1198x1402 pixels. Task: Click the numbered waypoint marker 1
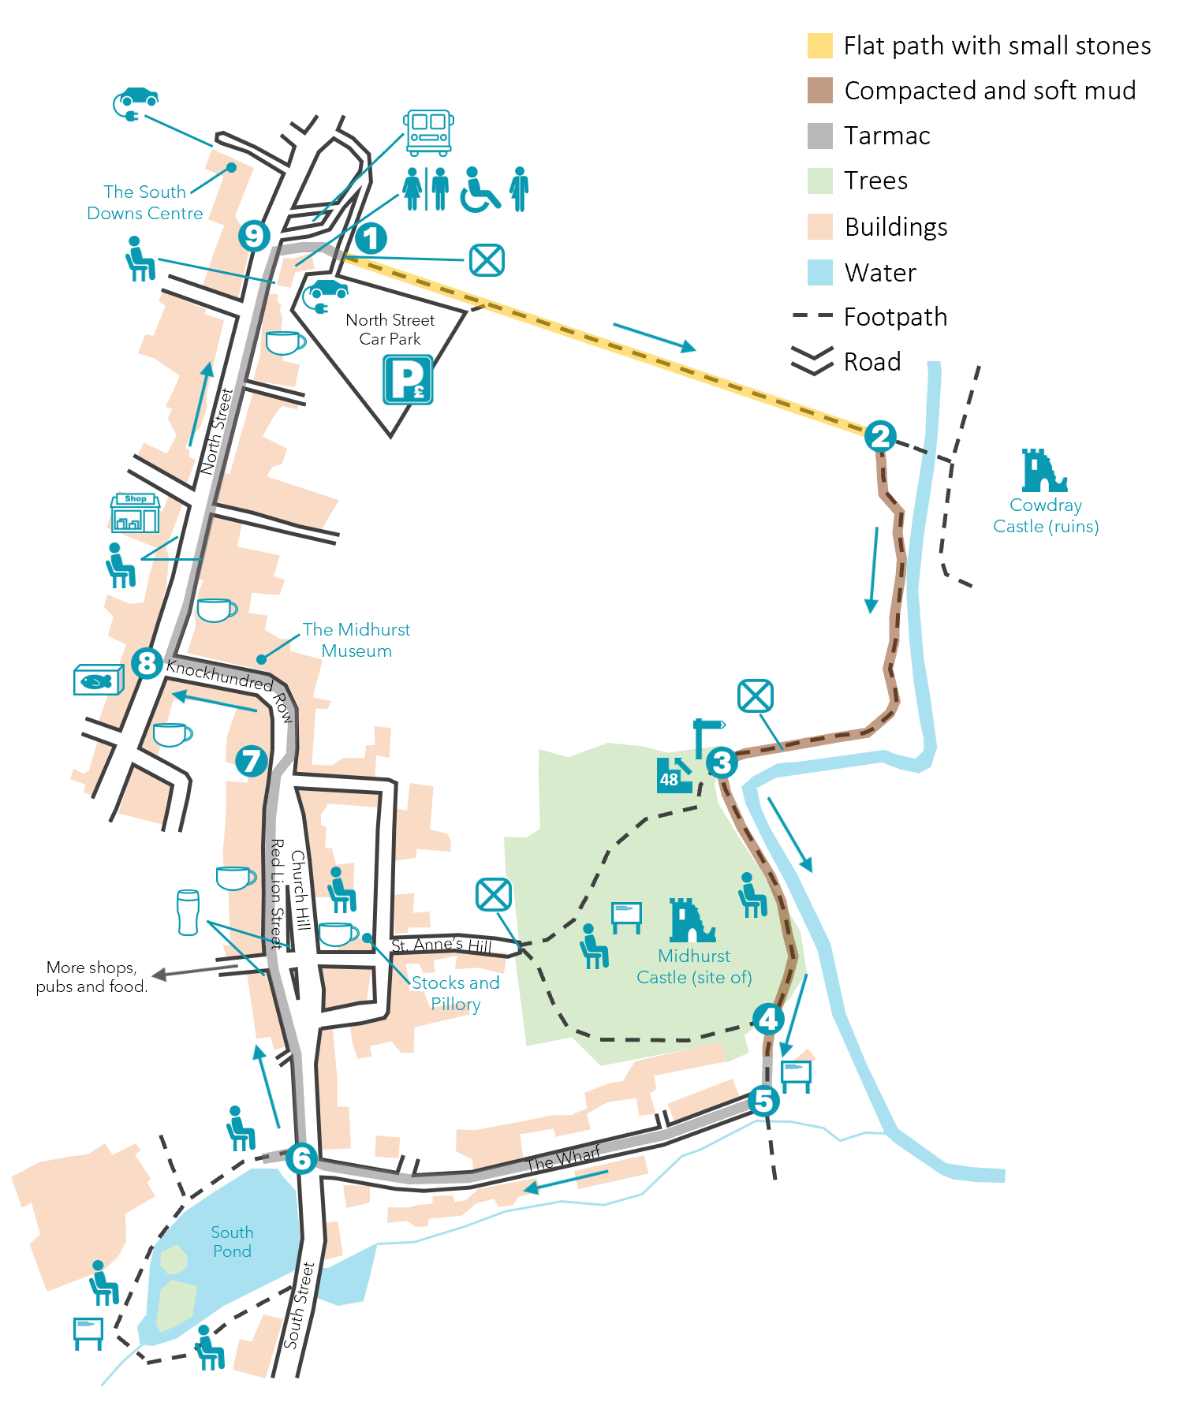click(x=371, y=238)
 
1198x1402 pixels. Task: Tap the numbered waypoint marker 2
click(x=880, y=436)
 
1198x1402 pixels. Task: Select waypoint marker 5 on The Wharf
click(x=763, y=1100)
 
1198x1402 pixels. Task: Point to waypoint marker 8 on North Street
click(x=147, y=662)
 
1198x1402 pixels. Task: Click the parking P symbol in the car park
click(x=408, y=379)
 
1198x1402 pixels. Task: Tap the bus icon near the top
click(x=428, y=132)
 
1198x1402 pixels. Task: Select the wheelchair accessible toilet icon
click(x=480, y=190)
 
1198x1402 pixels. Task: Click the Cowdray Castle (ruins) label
click(x=1045, y=516)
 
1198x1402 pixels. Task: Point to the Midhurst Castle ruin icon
click(x=692, y=920)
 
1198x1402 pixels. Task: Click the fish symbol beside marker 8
click(x=98, y=680)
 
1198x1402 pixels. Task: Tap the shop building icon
click(x=136, y=513)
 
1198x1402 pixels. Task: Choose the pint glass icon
click(x=188, y=912)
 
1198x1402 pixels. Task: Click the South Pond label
click(x=232, y=1241)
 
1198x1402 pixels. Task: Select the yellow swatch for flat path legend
click(x=819, y=46)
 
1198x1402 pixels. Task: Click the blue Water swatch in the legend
click(x=819, y=272)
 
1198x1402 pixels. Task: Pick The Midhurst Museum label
click(x=356, y=639)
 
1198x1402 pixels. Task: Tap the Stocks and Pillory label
click(x=455, y=993)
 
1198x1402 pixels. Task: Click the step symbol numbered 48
click(x=673, y=775)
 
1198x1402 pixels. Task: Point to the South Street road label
click(x=299, y=1306)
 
